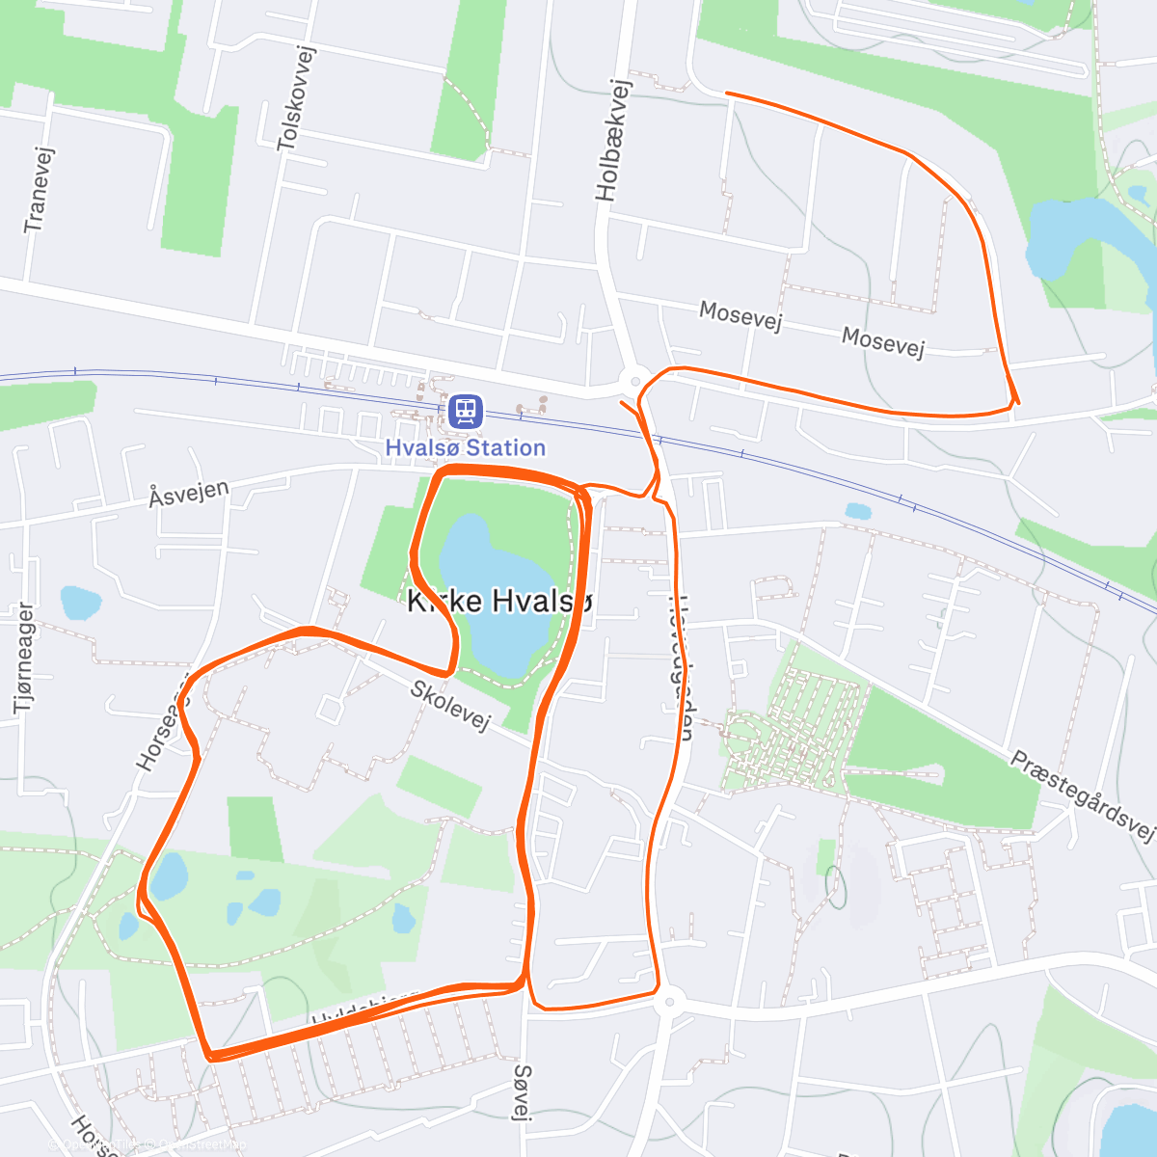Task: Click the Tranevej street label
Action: click(x=39, y=190)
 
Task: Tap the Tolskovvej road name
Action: click(x=296, y=99)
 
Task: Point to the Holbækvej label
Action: click(x=613, y=140)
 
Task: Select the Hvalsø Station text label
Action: click(x=466, y=447)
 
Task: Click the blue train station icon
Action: click(x=466, y=412)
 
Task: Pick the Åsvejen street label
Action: click(x=189, y=494)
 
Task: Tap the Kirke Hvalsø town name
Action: click(x=499, y=601)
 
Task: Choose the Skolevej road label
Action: click(x=450, y=706)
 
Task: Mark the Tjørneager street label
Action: click(x=24, y=659)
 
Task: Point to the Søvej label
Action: click(x=523, y=1091)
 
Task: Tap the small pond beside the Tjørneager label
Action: click(x=80, y=603)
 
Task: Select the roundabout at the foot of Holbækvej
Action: click(x=634, y=382)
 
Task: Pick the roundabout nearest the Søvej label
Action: click(x=666, y=1003)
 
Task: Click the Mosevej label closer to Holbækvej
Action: click(x=740, y=314)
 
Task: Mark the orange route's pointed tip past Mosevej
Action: click(x=1015, y=401)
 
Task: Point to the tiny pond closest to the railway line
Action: click(x=857, y=511)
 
